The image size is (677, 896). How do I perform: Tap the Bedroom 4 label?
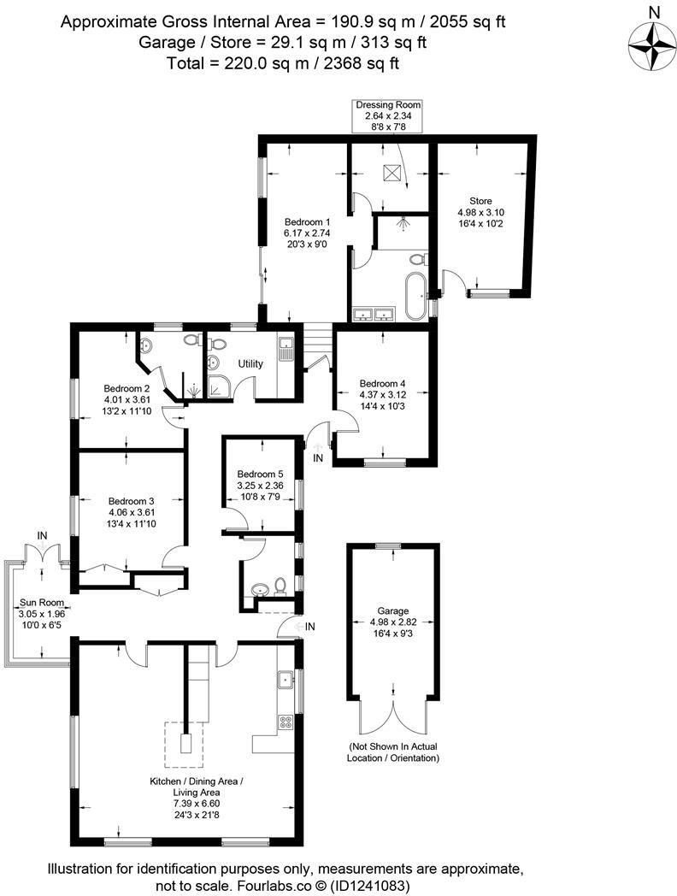[382, 395]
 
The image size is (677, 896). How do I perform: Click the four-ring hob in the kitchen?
[286, 722]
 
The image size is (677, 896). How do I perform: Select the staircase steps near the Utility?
[315, 339]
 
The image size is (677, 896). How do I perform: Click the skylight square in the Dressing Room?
[393, 171]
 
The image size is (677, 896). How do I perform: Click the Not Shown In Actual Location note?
[393, 752]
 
